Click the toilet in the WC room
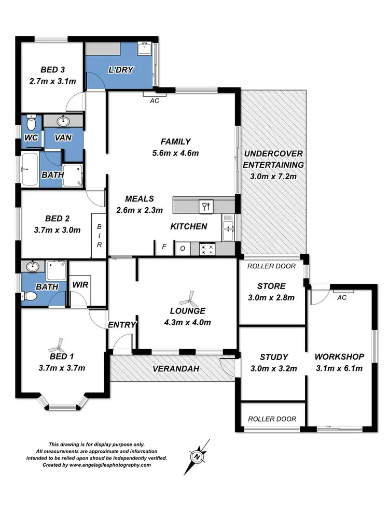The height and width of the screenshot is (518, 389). (31, 123)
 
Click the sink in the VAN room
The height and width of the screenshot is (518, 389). (64, 122)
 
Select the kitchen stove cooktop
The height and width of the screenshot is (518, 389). (206, 249)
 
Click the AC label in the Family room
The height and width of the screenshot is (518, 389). (154, 101)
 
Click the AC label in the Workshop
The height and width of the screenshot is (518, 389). (341, 298)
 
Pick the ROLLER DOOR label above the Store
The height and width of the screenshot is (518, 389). (271, 266)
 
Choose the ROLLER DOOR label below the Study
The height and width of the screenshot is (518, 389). (272, 419)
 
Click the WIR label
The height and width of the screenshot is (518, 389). (80, 285)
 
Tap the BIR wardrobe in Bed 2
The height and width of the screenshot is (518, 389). (99, 235)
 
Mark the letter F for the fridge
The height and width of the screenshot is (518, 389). (164, 247)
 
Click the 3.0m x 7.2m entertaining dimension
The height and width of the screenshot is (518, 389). (273, 177)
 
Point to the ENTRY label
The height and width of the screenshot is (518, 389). (122, 325)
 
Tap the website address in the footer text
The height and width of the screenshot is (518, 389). (109, 465)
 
